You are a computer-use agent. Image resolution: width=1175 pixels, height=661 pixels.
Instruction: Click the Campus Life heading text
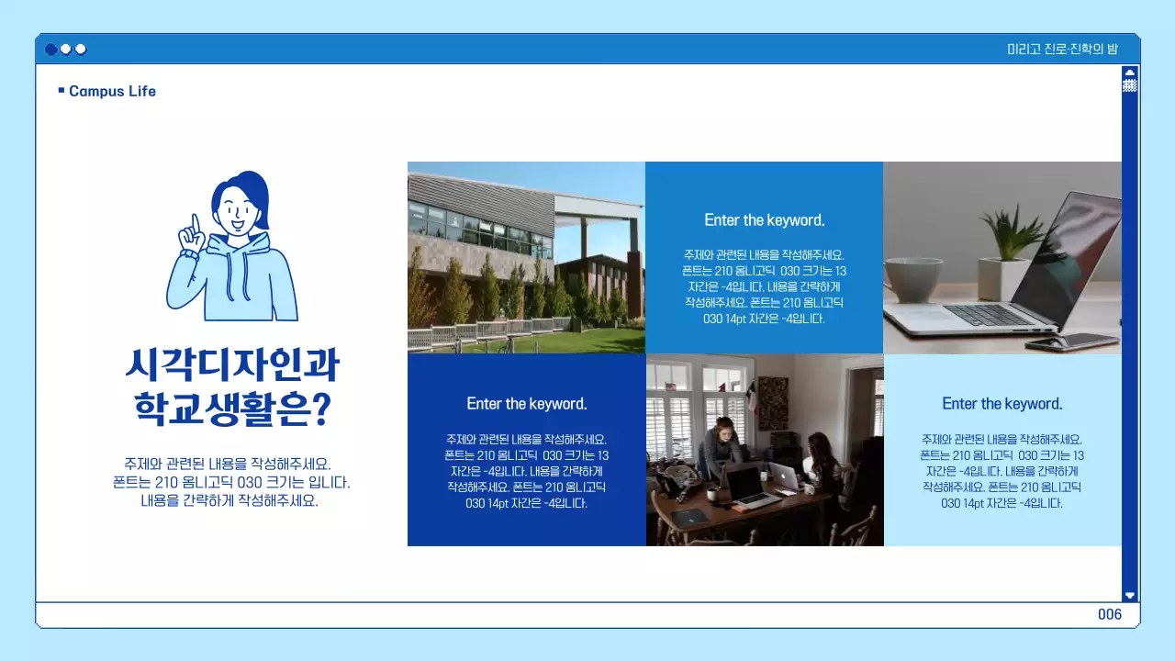click(x=112, y=91)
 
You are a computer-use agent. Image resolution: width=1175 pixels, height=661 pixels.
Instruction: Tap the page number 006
click(x=1110, y=614)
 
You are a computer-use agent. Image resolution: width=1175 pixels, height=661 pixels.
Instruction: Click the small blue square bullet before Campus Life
click(x=62, y=90)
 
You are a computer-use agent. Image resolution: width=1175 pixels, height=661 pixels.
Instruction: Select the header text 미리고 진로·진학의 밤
click(x=1062, y=50)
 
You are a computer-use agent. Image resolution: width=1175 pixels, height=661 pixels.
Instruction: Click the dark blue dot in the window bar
click(x=51, y=50)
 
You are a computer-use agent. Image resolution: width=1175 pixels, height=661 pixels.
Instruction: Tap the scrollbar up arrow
click(x=1130, y=72)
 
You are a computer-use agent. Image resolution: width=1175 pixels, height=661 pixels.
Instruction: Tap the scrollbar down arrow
click(x=1130, y=595)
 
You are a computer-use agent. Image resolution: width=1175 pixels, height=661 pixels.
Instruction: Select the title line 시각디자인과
click(x=232, y=365)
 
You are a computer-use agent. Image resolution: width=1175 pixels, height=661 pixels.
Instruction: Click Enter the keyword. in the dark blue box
click(x=527, y=404)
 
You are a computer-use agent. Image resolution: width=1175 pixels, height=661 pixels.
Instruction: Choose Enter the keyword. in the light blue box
click(x=1002, y=404)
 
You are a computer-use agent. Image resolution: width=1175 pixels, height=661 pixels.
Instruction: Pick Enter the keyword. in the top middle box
click(x=765, y=220)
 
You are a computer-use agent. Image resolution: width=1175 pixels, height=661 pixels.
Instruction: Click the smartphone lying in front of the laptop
click(x=1065, y=342)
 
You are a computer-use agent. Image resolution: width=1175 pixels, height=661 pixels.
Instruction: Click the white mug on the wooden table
click(x=711, y=494)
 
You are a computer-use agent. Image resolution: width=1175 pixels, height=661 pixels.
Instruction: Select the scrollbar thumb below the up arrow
click(x=1130, y=85)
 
